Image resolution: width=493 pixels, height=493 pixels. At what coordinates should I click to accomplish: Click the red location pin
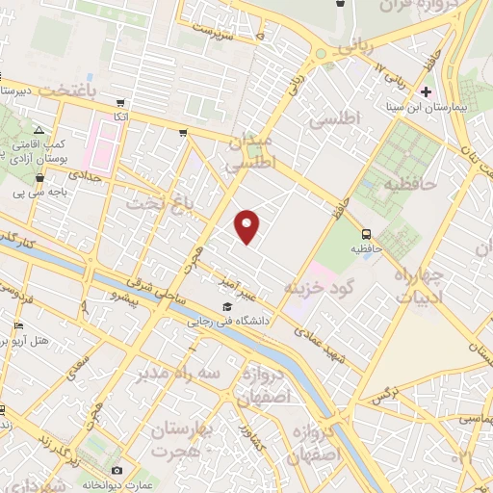coord(248,226)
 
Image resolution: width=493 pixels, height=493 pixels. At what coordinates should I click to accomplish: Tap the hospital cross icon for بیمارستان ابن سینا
coord(427,91)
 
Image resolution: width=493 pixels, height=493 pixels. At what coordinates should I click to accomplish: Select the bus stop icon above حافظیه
coord(366,233)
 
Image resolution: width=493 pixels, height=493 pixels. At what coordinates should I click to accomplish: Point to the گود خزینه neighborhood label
coord(321,288)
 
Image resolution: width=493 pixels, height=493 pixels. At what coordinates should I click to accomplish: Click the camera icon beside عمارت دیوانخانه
coord(117,471)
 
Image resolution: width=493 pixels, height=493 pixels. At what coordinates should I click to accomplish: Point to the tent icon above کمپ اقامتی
coord(38,130)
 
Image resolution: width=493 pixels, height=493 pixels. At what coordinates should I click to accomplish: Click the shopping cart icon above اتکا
coord(118,102)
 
